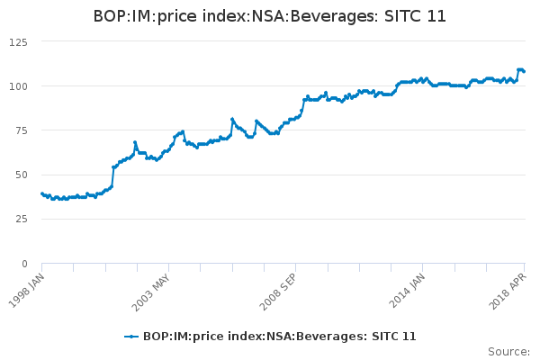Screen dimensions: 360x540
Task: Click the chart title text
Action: pyautogui.click(x=270, y=16)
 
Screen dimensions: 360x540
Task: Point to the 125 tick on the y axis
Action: pyautogui.click(x=17, y=42)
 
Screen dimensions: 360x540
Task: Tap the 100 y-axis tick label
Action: pyautogui.click(x=17, y=86)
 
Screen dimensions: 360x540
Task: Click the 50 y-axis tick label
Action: pyautogui.click(x=20, y=175)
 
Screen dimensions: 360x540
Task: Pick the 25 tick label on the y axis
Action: pyautogui.click(x=20, y=219)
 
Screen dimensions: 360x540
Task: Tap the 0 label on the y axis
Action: pyautogui.click(x=23, y=264)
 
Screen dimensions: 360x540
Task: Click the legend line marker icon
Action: pyautogui.click(x=131, y=337)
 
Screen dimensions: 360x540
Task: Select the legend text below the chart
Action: pyautogui.click(x=279, y=337)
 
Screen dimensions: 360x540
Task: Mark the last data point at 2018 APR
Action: pyautogui.click(x=524, y=71)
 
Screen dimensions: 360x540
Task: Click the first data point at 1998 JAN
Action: pyautogui.click(x=42, y=193)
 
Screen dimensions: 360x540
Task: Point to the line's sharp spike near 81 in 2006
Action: pyautogui.click(x=232, y=119)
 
